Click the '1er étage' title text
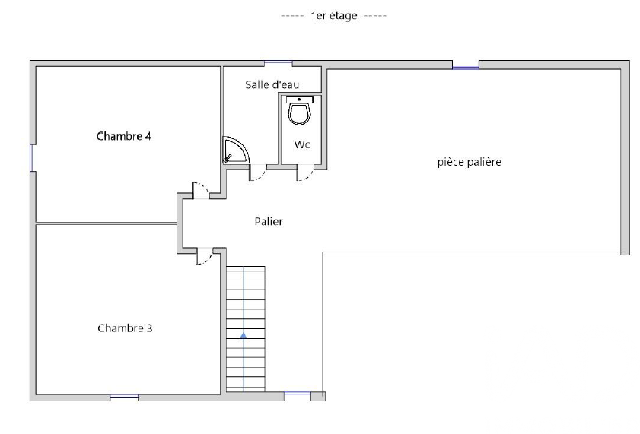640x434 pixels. (x=334, y=16)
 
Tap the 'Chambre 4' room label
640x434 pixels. (x=124, y=136)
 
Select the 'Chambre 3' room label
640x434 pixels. (x=125, y=328)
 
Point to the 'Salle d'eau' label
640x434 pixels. (x=272, y=85)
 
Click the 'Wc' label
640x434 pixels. (x=302, y=144)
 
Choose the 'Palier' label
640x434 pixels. (x=269, y=221)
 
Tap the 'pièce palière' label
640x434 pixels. (x=469, y=162)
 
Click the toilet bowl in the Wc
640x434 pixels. (x=300, y=114)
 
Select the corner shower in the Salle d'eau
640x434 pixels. (x=235, y=150)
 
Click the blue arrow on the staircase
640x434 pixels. (x=244, y=335)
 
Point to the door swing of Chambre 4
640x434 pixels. (x=201, y=191)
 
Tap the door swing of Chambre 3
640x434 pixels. (x=204, y=256)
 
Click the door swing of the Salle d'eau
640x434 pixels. (x=258, y=173)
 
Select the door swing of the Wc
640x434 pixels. (x=305, y=173)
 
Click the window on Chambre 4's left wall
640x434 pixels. (x=31, y=157)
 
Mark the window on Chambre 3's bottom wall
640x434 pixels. (x=124, y=397)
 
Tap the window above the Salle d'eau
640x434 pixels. (x=279, y=62)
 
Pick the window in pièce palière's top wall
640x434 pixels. (x=465, y=67)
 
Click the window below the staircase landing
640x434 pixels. (x=297, y=393)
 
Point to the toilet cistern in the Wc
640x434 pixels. (x=300, y=100)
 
